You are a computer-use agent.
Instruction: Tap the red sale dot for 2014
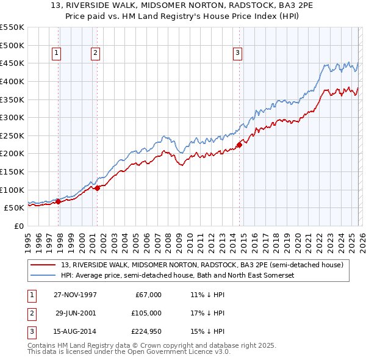pos(239,145)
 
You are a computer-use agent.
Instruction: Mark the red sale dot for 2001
pos(98,188)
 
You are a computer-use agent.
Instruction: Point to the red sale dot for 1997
pos(59,201)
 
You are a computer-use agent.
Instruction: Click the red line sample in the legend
pos(43,265)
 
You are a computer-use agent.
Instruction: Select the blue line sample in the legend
pos(43,276)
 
